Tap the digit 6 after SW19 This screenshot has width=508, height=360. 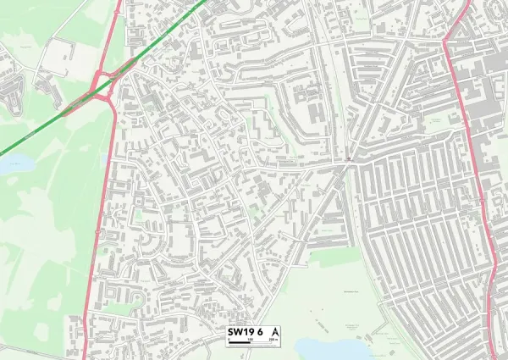coord(261,331)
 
